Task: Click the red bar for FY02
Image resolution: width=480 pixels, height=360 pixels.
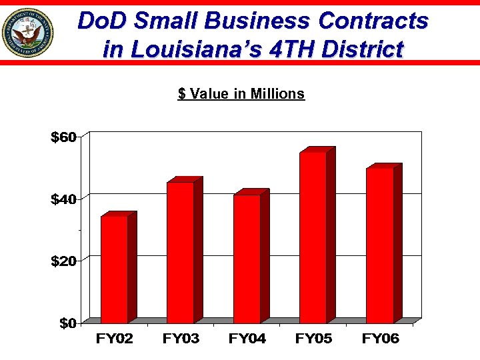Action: click(114, 269)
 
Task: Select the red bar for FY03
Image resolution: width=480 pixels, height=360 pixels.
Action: click(180, 252)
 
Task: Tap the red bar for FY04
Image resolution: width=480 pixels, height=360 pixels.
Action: click(247, 259)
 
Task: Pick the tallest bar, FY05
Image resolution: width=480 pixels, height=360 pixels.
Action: click(313, 237)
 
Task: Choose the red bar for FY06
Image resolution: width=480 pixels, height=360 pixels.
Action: click(379, 245)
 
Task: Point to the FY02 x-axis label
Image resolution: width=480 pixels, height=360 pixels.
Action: click(114, 339)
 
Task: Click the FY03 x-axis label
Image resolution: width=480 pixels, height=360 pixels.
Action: click(181, 339)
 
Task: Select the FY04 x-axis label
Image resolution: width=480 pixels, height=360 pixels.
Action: click(247, 339)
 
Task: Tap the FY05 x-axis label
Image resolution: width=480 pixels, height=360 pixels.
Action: click(313, 339)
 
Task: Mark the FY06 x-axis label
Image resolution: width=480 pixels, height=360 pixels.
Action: click(380, 339)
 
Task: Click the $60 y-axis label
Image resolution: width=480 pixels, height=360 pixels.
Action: click(65, 138)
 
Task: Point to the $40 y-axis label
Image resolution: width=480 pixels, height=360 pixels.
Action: click(65, 199)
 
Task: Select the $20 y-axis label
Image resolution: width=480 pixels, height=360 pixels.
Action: click(65, 261)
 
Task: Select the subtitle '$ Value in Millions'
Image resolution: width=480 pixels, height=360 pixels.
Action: click(241, 94)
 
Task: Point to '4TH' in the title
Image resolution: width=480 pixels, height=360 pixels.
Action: click(287, 49)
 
